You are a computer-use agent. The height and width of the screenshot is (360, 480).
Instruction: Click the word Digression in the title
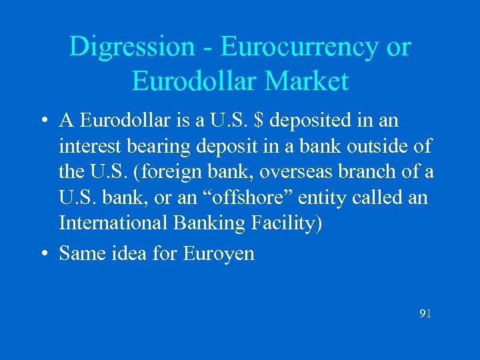click(x=129, y=47)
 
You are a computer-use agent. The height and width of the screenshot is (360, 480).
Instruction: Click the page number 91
click(x=425, y=313)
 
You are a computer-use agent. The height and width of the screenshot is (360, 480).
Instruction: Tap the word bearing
click(x=167, y=147)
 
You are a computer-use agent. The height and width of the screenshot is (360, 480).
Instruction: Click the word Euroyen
click(x=219, y=254)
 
